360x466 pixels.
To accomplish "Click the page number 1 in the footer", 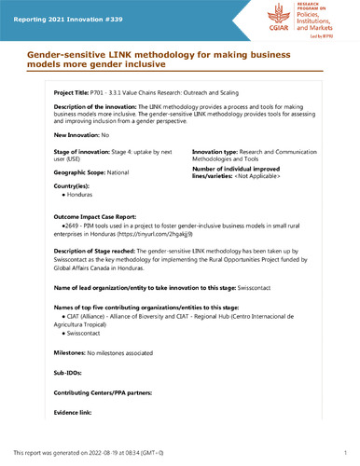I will coord(345,453).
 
